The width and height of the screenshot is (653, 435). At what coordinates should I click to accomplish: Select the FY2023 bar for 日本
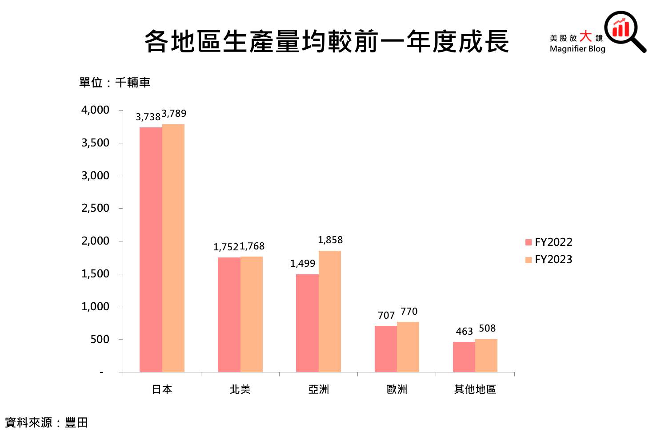pos(173,248)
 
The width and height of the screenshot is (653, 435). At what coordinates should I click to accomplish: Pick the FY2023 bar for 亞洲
pos(330,311)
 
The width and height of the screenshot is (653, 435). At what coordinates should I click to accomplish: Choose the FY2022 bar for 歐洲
pos(386,348)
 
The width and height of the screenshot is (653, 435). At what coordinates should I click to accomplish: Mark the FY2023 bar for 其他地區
pos(486,355)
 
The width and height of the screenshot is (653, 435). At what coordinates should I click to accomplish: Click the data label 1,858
pos(330,240)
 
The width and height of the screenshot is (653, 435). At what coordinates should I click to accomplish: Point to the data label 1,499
pos(303,264)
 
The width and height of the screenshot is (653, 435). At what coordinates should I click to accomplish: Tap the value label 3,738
pos(148,117)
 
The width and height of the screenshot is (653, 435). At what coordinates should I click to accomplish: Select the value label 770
pos(409,312)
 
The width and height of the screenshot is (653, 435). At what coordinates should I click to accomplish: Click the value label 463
pos(464,332)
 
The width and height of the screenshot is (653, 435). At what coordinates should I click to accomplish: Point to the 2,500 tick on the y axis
pos(95,208)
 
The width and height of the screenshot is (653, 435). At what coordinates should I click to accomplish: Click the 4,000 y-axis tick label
pos(95,110)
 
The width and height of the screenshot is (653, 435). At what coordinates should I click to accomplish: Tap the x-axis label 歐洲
pos(397,389)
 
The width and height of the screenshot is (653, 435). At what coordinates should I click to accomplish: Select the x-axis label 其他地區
pos(475,389)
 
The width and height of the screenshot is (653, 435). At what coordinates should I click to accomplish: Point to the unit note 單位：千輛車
pos(115,83)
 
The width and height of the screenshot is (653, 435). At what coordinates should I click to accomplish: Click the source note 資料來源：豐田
pos(46,423)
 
